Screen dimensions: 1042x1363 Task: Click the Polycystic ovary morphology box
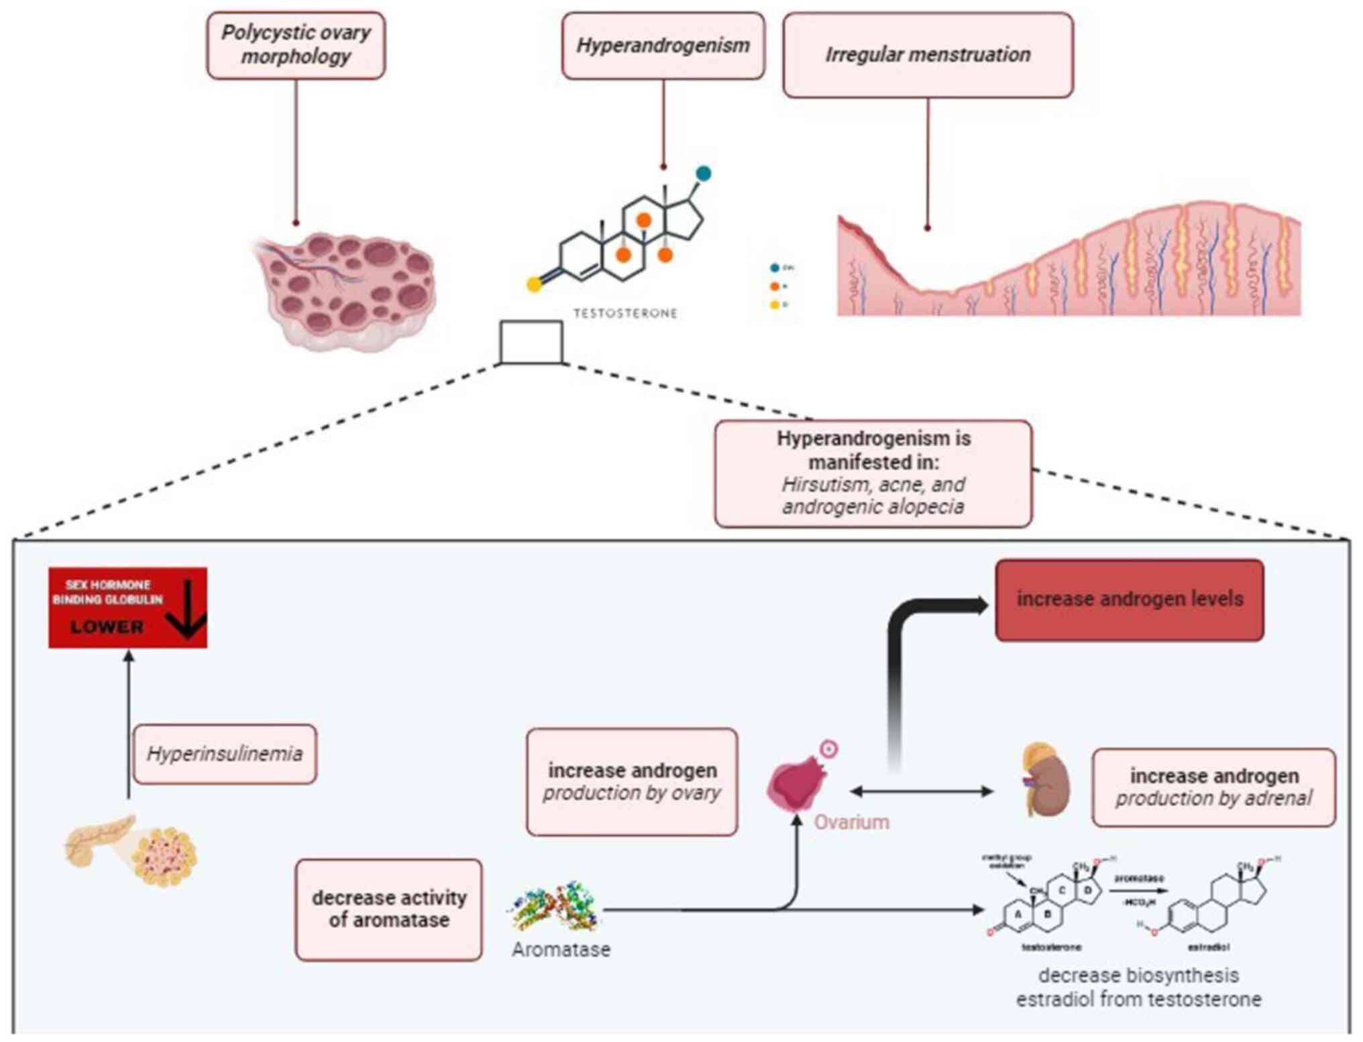pyautogui.click(x=296, y=45)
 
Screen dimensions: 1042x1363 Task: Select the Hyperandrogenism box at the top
pyautogui.click(x=663, y=46)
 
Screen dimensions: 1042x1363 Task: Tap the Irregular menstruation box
pyautogui.click(x=928, y=55)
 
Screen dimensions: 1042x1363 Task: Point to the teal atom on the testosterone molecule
pyautogui.click(x=703, y=174)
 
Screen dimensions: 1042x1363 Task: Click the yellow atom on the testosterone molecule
pyautogui.click(x=534, y=285)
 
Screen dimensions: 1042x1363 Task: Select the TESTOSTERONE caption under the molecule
pyautogui.click(x=625, y=313)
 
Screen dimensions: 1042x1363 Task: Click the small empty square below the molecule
pyautogui.click(x=531, y=342)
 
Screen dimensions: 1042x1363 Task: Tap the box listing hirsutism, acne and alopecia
pyautogui.click(x=873, y=473)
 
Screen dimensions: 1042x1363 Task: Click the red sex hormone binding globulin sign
pyautogui.click(x=127, y=607)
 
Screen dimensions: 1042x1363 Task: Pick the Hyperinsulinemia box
pyautogui.click(x=225, y=754)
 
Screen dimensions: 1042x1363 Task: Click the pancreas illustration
pyautogui.click(x=131, y=850)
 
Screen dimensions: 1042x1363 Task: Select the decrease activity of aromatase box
pyautogui.click(x=389, y=909)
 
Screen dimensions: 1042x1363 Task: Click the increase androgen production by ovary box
pyautogui.click(x=632, y=782)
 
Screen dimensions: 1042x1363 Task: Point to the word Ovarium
pyautogui.click(x=851, y=822)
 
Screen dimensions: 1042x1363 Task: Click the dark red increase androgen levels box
pyautogui.click(x=1130, y=599)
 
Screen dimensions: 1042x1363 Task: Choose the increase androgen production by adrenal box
pyautogui.click(x=1213, y=787)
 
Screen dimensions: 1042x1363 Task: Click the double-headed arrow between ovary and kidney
pyautogui.click(x=922, y=791)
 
